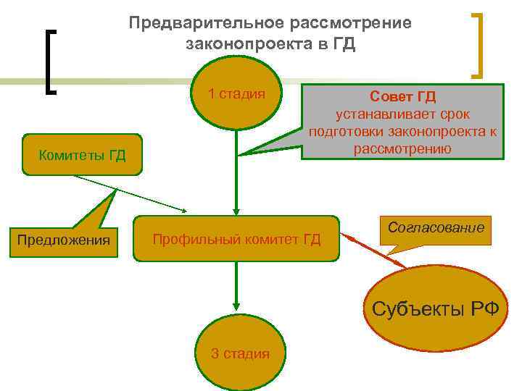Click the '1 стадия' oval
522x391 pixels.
point(236,93)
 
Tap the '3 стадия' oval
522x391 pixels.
point(239,353)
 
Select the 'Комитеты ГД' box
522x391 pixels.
point(83,154)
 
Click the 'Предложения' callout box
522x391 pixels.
point(64,240)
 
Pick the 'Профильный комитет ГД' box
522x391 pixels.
point(236,239)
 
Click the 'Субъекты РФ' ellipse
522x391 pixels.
point(435,309)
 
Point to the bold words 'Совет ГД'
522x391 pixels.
point(403,97)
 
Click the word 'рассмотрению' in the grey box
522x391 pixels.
point(403,149)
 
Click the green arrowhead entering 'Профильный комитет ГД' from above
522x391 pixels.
point(235,209)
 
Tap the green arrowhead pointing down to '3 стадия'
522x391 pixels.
point(235,308)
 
